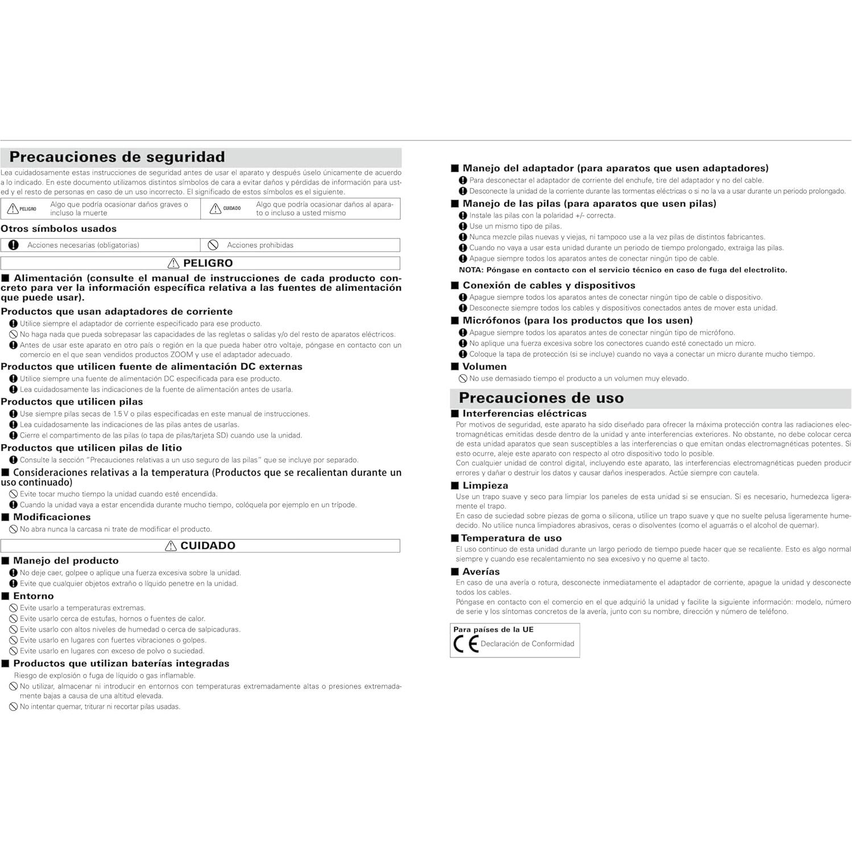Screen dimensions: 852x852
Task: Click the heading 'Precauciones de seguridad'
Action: pos(117,157)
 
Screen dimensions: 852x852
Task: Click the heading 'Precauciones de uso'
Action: pos(541,398)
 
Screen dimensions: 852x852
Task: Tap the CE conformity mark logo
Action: pos(466,644)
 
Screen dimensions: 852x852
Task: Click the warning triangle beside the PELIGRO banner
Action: pos(173,263)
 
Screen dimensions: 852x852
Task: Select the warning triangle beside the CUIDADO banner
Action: pos(171,546)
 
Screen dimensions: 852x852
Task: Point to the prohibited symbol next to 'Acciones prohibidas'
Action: pos(213,245)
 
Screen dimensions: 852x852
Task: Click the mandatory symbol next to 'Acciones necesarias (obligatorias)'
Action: pos(14,245)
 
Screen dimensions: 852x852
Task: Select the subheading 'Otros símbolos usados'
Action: pos(59,229)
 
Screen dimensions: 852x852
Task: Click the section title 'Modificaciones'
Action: pos(52,517)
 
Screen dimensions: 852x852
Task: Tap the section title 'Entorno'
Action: pos(34,596)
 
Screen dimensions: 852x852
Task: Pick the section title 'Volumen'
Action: pos(484,367)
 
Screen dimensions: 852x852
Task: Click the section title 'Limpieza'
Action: pos(485,486)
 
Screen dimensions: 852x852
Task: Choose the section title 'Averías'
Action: pos(481,572)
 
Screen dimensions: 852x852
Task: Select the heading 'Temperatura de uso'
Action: pos(511,538)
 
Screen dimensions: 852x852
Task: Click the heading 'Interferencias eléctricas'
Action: pos(524,413)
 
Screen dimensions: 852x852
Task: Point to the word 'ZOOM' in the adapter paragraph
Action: pos(181,355)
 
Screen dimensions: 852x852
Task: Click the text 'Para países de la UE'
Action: pos(493,630)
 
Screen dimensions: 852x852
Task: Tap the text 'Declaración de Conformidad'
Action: pos(527,644)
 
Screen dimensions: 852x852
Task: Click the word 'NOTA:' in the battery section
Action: pos(471,270)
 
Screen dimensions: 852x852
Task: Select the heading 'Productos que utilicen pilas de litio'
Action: pos(92,448)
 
